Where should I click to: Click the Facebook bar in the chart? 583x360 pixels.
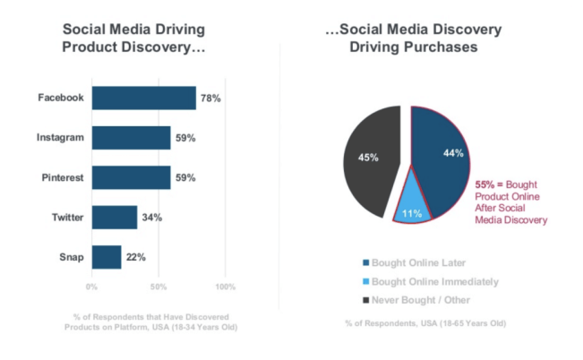click(x=143, y=98)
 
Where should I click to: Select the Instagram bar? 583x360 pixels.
click(x=131, y=138)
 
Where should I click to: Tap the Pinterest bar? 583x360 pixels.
click(x=131, y=177)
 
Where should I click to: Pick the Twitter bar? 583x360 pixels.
click(x=115, y=218)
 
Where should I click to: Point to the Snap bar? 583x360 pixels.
click(x=107, y=257)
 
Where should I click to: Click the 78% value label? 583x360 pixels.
click(x=209, y=98)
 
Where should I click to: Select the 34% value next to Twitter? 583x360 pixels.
click(x=150, y=218)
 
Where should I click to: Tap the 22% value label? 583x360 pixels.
click(x=135, y=258)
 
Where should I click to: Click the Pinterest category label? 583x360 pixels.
click(x=63, y=178)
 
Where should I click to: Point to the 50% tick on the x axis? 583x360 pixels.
click(x=159, y=287)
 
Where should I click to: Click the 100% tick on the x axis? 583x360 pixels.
click(x=225, y=287)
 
